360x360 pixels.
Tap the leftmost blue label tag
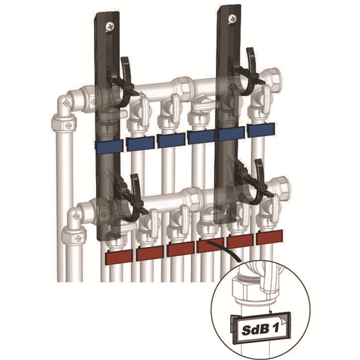[108, 146]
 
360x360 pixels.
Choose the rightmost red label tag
[269, 237]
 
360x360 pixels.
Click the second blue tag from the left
[139, 143]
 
